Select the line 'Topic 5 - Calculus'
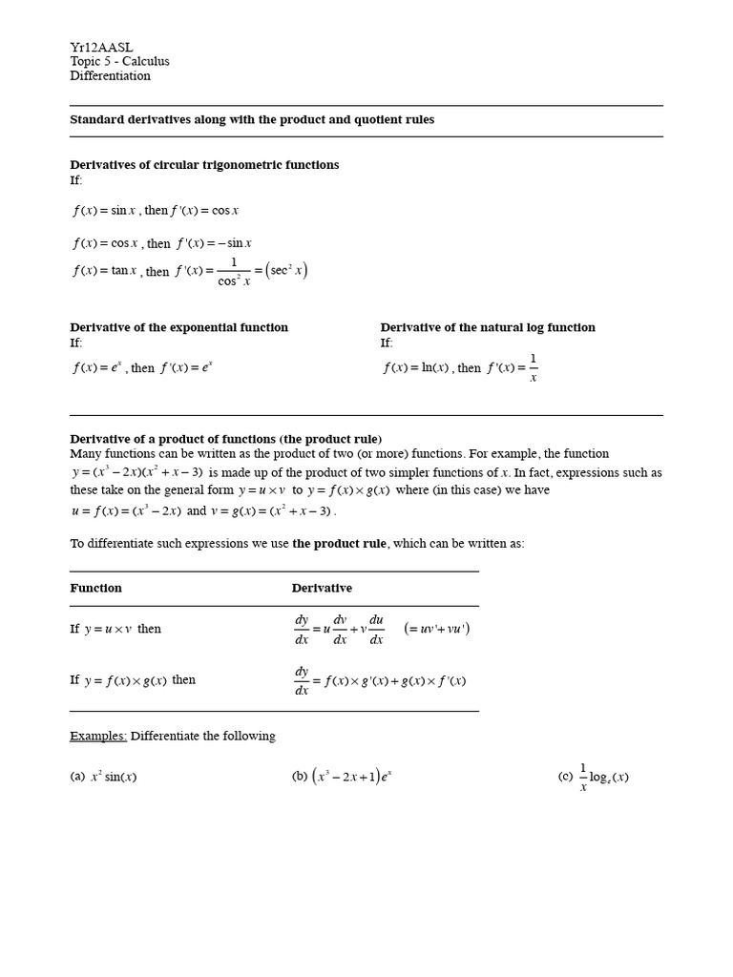[x=119, y=62]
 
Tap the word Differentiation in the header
[x=110, y=76]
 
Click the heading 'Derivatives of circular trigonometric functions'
[x=204, y=165]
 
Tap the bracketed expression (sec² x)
[x=287, y=271]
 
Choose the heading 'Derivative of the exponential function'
[x=178, y=327]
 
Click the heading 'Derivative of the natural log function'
[x=488, y=327]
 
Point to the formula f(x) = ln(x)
[x=416, y=367]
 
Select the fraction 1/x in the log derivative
[x=533, y=367]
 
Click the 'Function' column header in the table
[x=95, y=588]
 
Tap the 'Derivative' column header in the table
[x=322, y=588]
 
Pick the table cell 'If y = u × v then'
[x=115, y=630]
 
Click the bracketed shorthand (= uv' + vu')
[x=436, y=629]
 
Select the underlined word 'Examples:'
[x=98, y=736]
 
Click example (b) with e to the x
[x=343, y=777]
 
